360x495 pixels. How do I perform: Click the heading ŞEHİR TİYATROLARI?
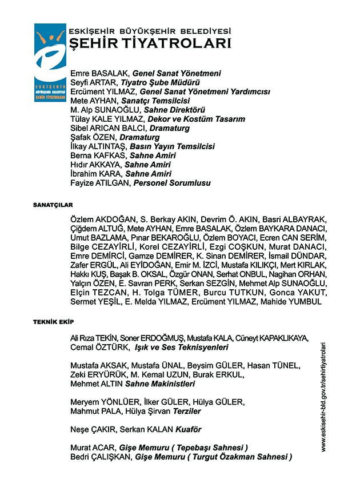click(x=150, y=43)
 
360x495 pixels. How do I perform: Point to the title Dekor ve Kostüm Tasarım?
click(x=196, y=119)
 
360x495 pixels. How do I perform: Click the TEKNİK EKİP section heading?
click(x=53, y=322)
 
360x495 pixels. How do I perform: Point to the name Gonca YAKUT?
click(x=298, y=292)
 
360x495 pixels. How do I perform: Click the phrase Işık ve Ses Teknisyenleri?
click(x=181, y=347)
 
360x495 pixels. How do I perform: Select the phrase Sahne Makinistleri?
click(x=161, y=384)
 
